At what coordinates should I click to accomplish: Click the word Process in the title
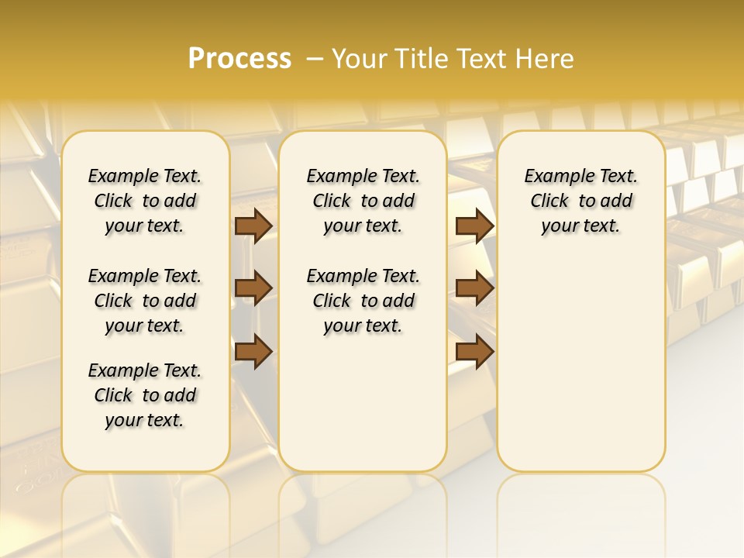click(239, 59)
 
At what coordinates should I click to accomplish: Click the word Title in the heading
click(419, 59)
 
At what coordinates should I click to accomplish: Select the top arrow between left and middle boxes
click(253, 226)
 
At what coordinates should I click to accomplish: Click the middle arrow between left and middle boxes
click(253, 288)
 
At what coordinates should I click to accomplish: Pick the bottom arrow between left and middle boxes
click(253, 351)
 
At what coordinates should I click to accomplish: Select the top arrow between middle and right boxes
click(474, 226)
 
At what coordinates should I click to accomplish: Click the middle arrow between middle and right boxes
click(474, 288)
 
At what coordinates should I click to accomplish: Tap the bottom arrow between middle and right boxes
click(474, 351)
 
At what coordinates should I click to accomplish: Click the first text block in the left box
click(145, 201)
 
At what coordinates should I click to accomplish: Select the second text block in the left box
click(145, 301)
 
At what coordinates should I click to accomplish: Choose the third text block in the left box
click(145, 395)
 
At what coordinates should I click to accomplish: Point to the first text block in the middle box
click(363, 201)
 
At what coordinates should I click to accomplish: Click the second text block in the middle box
click(363, 301)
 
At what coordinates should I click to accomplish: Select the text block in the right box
click(580, 201)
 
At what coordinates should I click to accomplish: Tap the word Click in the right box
click(549, 201)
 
